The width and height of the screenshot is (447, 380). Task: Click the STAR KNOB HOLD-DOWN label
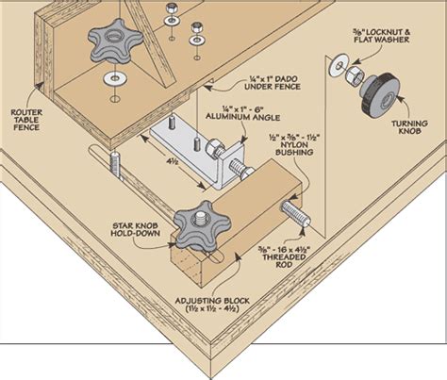[x=130, y=230]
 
